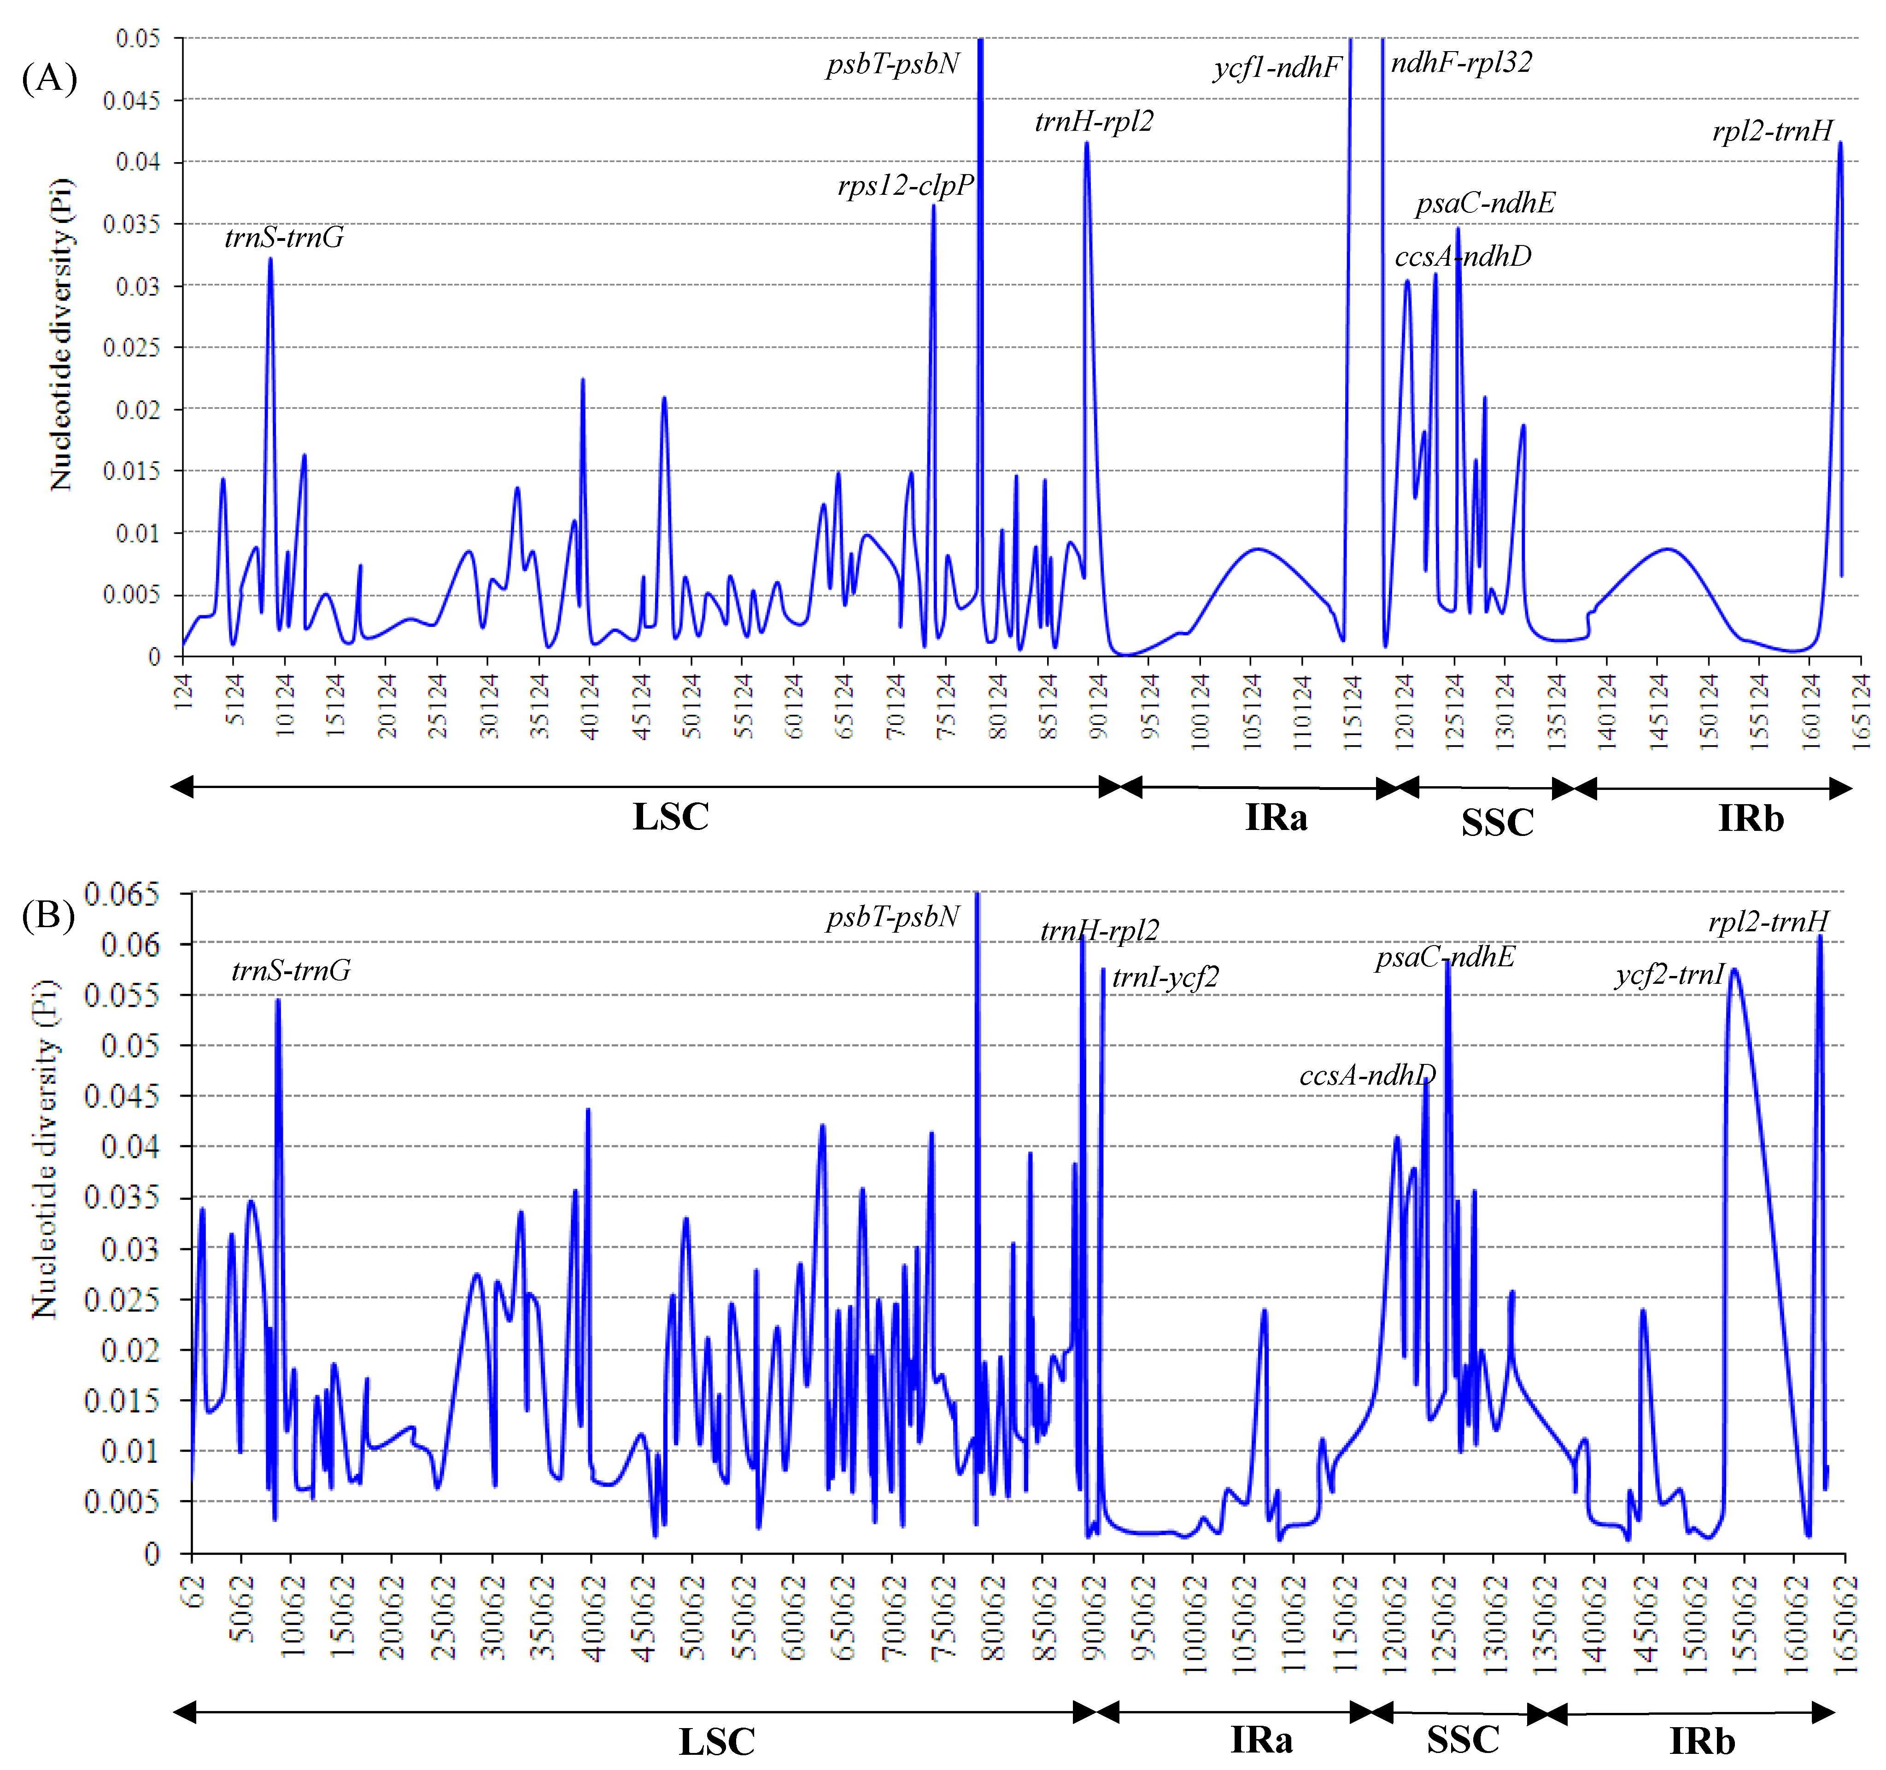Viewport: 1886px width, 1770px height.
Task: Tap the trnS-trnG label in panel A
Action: click(x=284, y=237)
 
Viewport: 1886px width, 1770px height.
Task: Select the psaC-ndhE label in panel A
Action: click(x=1485, y=203)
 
